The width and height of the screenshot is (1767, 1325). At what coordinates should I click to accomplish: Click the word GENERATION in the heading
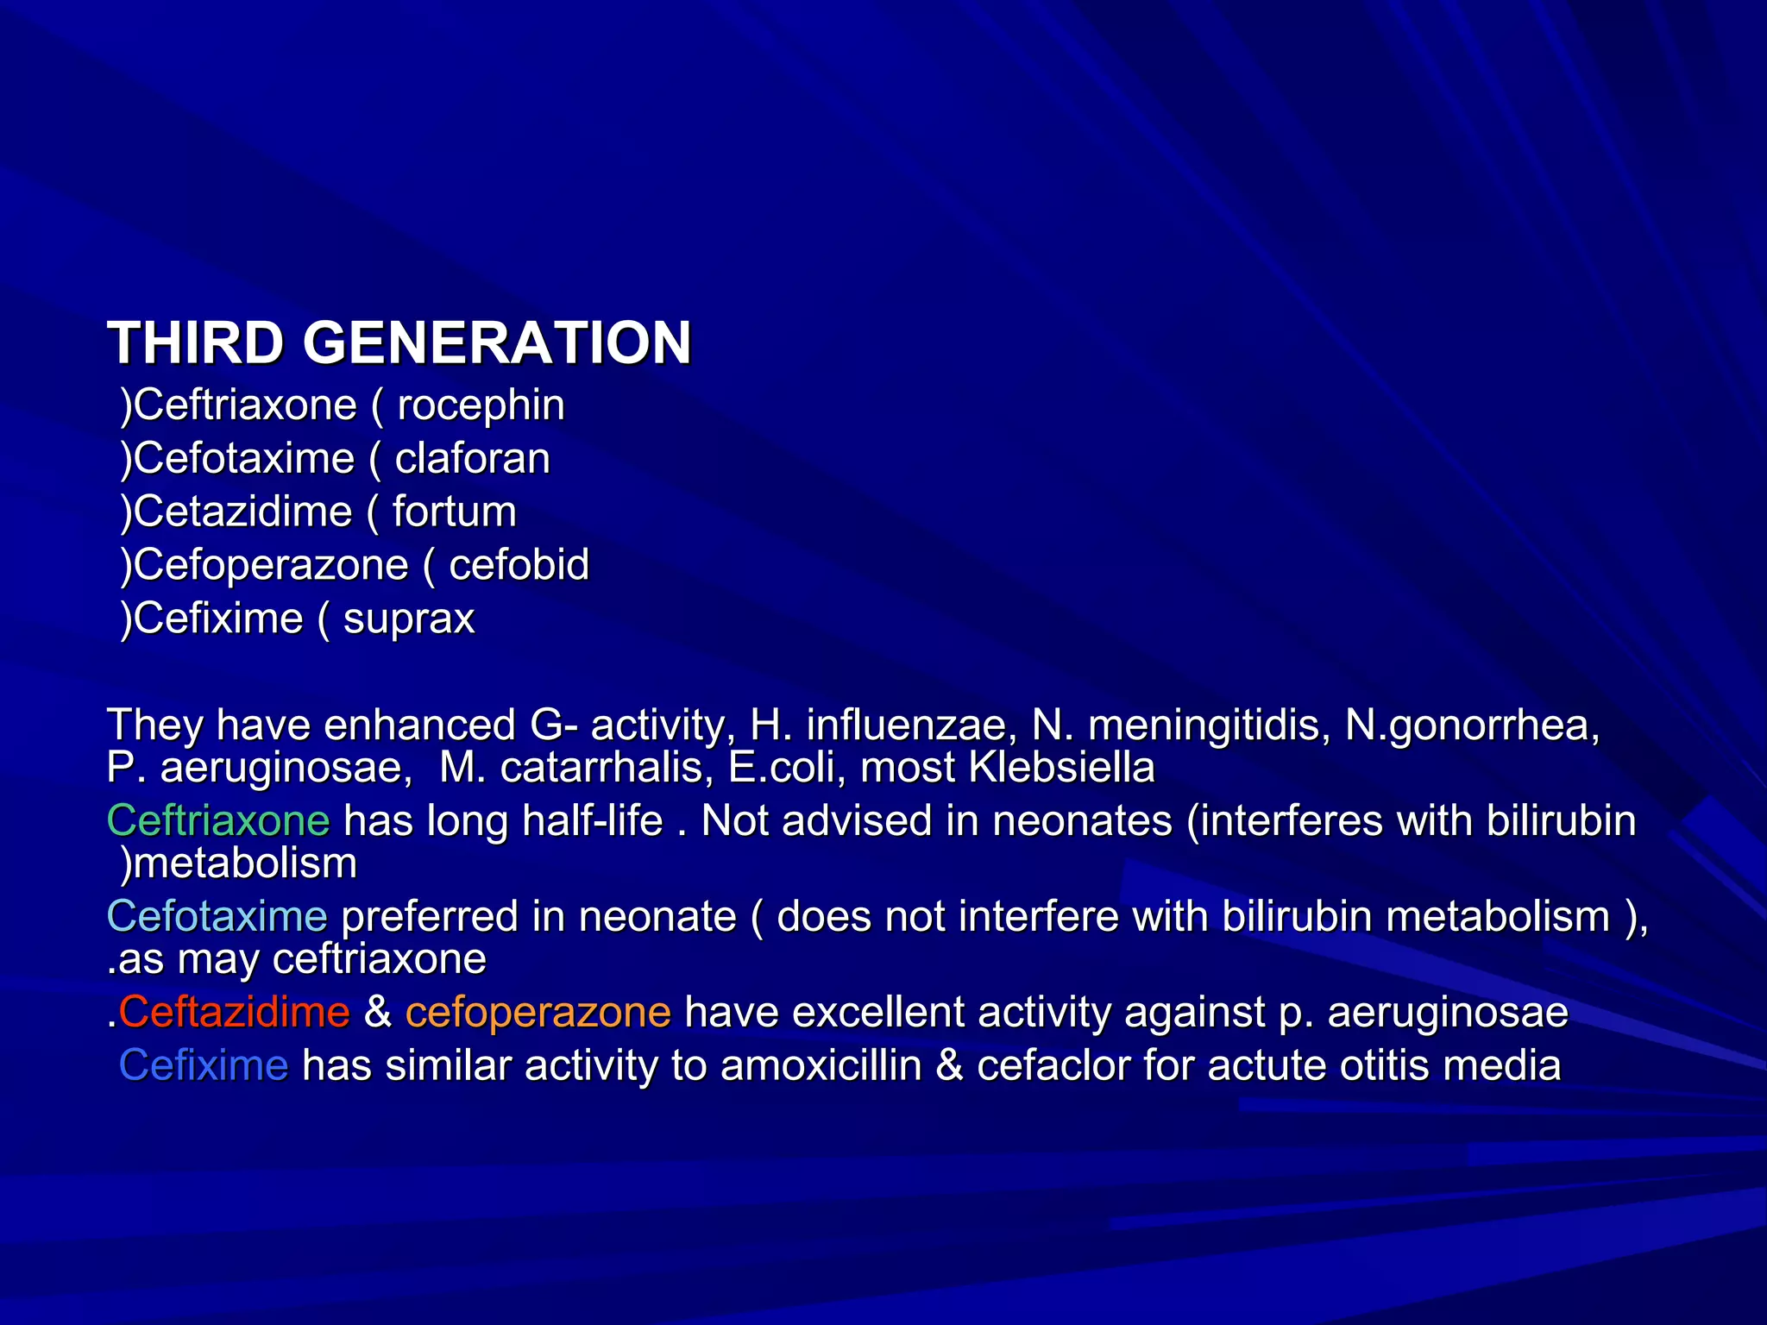tap(497, 342)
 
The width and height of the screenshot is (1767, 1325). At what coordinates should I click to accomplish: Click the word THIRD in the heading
tap(195, 342)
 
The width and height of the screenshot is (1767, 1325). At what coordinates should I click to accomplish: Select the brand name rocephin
tap(481, 405)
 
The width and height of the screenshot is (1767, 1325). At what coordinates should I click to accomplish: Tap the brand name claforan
tap(472, 459)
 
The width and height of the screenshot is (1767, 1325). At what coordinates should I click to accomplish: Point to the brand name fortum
tap(454, 512)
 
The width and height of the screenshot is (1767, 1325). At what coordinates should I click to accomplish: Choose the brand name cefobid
tap(519, 566)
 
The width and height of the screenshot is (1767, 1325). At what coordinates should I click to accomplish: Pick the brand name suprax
tap(409, 619)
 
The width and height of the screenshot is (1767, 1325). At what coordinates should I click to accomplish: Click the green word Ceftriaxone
tap(218, 820)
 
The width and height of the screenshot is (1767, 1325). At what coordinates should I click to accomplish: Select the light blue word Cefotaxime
tap(217, 916)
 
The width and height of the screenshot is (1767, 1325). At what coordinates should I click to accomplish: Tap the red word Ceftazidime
tap(234, 1012)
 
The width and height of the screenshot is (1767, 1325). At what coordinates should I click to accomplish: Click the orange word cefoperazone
tap(538, 1012)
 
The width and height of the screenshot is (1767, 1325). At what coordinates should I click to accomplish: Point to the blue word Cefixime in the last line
tap(204, 1065)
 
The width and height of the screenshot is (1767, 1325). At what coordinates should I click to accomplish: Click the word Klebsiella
tap(1061, 768)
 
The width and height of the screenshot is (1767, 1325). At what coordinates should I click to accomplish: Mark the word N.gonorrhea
tap(1472, 725)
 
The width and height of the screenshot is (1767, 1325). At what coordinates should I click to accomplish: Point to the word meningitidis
tap(1204, 725)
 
